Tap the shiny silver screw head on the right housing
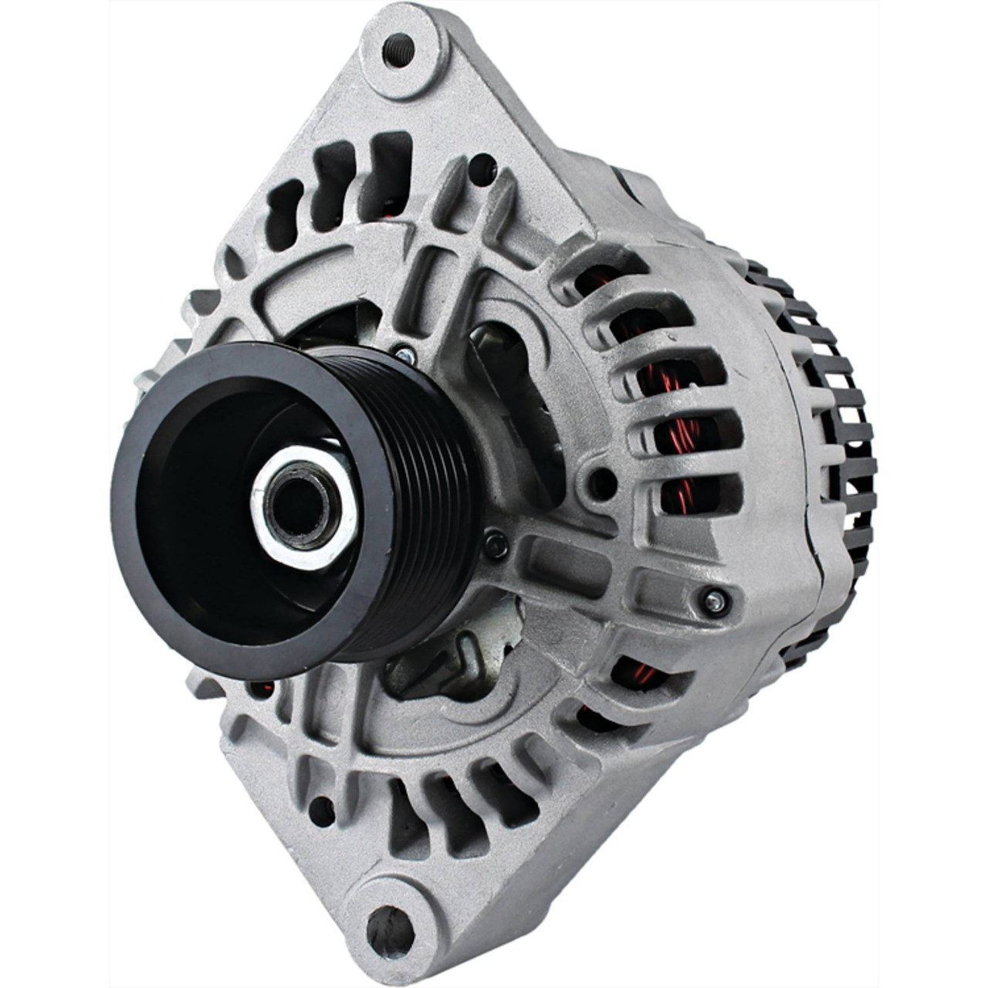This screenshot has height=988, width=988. (715, 601)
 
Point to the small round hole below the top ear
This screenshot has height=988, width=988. (483, 164)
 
